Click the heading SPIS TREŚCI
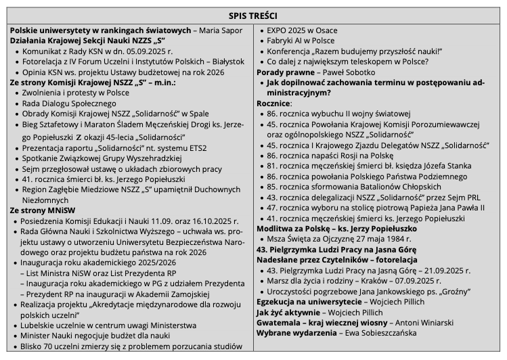point(253,15)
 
